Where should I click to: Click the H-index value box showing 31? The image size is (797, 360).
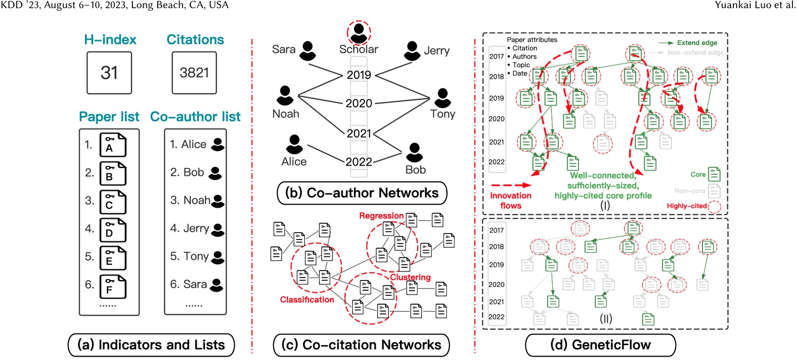coord(109,73)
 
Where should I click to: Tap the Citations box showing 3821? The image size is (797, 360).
coord(194,73)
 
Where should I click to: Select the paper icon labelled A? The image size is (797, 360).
coord(113,145)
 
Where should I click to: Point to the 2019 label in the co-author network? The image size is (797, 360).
coord(359,75)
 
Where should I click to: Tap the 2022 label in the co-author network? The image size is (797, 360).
coord(359,162)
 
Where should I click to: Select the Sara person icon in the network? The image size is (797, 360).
coord(308,51)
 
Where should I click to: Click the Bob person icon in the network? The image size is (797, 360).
coord(414,152)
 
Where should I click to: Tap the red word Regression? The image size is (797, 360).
coord(381,215)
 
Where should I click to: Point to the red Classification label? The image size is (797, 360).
coord(307,300)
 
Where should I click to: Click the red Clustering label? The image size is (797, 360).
coord(410,277)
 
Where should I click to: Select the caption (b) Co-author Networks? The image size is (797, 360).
coord(362,193)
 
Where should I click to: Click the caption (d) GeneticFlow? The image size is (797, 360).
coord(600,345)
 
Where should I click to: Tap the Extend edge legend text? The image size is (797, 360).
coord(697,43)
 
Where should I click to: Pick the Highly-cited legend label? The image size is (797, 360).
coord(687,206)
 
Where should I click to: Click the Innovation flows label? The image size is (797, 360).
coord(510,200)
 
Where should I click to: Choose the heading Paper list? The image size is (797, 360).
coord(109,117)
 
